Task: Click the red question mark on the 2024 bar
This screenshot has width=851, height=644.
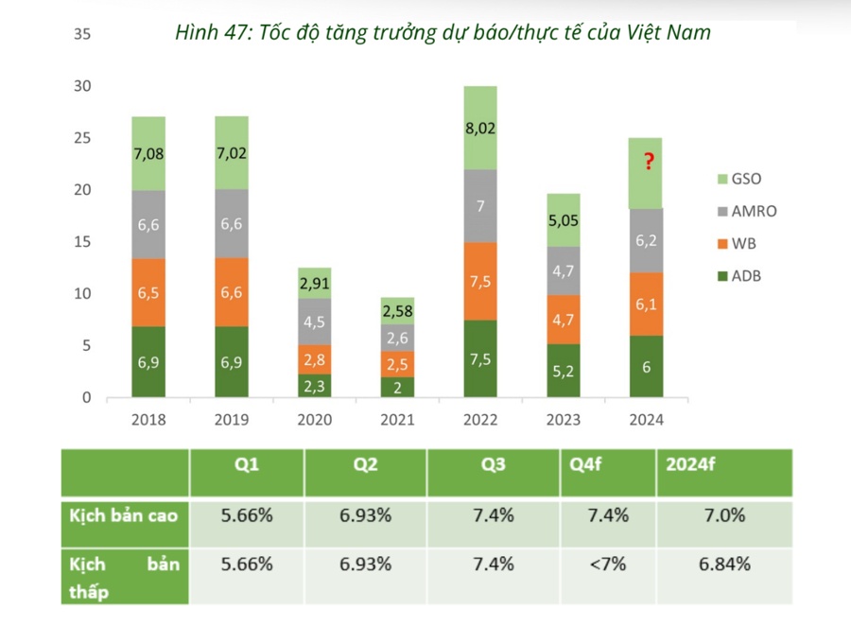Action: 649,163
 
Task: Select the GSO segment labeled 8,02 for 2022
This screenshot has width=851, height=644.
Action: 480,128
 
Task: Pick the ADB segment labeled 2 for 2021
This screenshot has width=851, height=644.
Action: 397,387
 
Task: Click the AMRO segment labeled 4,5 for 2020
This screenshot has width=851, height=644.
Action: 314,322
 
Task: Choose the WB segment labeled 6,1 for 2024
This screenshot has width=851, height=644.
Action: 646,304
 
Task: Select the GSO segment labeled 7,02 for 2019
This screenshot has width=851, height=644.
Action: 232,153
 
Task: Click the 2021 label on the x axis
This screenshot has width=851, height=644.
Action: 397,420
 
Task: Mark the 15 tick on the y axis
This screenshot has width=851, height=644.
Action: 81,242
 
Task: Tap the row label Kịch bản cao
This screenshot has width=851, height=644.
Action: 124,516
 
